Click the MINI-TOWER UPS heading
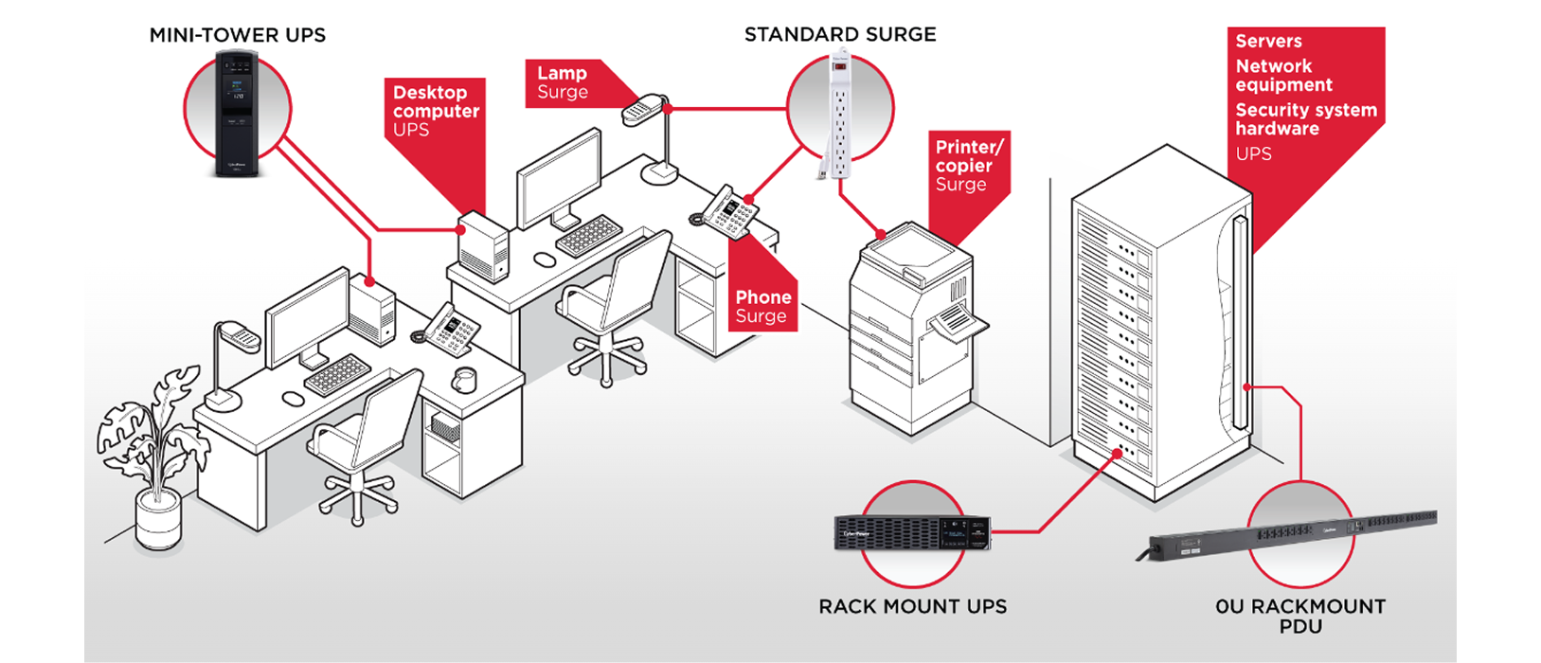tap(237, 35)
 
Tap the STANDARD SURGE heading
tap(839, 34)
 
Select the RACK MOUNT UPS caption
tap(912, 606)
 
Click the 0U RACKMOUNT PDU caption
tap(1299, 616)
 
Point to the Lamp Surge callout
tap(563, 82)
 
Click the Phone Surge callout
tap(762, 306)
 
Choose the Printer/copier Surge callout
tap(967, 165)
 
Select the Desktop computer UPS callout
tap(436, 111)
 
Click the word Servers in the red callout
tap(1268, 41)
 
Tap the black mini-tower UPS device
tap(237, 114)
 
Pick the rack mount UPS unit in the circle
tap(911, 533)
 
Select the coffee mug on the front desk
tap(463, 379)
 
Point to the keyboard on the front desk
tap(336, 373)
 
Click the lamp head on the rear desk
tap(642, 108)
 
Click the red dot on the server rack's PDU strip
tap(1248, 386)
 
